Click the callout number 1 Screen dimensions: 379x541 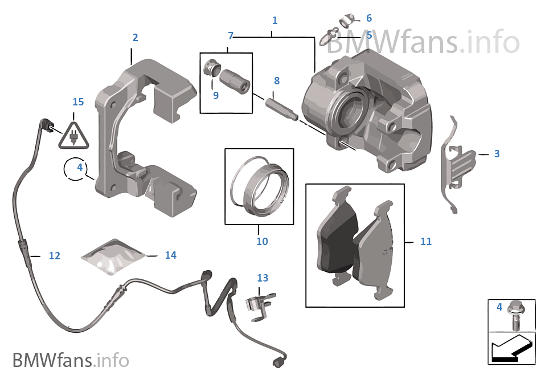pos(275,21)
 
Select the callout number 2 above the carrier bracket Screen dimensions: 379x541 pos(135,38)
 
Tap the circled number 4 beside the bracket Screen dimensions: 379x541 pos(80,168)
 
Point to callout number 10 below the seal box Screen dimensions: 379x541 pos(262,242)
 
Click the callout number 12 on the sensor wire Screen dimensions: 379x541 pos(54,256)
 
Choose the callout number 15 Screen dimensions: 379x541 pos(78,102)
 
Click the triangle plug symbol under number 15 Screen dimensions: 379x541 pos(72,135)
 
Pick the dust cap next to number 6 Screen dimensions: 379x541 pos(347,21)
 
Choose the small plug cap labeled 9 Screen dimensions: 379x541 pos(211,68)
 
